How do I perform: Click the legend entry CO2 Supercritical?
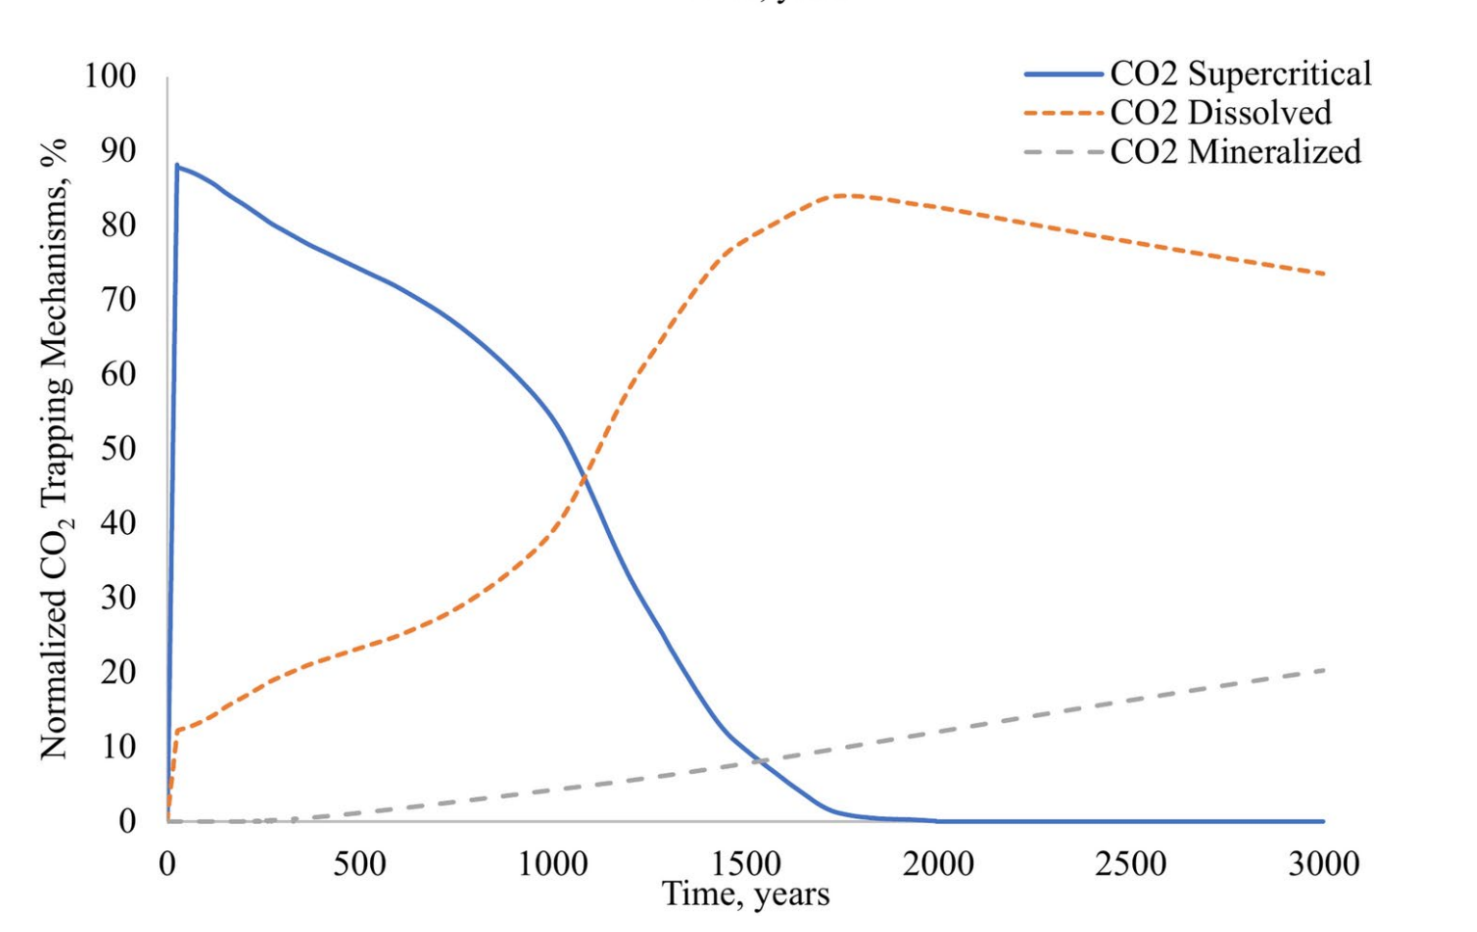click(x=1240, y=74)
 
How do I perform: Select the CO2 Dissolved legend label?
click(x=1220, y=113)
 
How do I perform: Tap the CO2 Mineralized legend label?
click(x=1235, y=151)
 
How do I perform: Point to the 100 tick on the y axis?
click(x=110, y=75)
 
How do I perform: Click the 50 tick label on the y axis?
click(x=117, y=448)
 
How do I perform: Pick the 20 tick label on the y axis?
click(x=117, y=672)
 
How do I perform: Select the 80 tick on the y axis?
click(x=117, y=225)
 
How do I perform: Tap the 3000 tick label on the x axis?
click(x=1324, y=863)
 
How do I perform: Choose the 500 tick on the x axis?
click(x=359, y=863)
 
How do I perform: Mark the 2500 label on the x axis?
click(x=1130, y=863)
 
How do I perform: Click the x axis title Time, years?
click(x=745, y=894)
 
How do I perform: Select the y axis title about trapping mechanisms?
click(x=55, y=448)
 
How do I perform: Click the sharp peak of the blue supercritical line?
click(x=177, y=165)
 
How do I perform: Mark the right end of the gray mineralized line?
click(x=1324, y=670)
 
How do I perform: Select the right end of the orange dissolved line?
click(x=1324, y=274)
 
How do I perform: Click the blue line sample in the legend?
click(x=1064, y=74)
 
